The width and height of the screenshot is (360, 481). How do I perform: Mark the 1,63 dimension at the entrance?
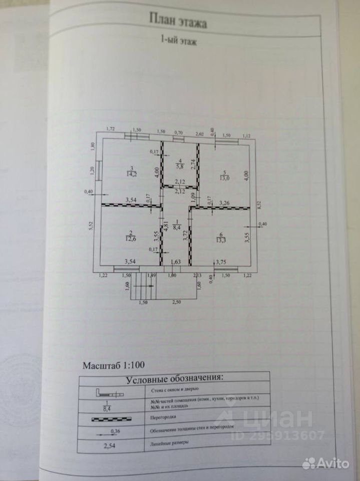[176, 261]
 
